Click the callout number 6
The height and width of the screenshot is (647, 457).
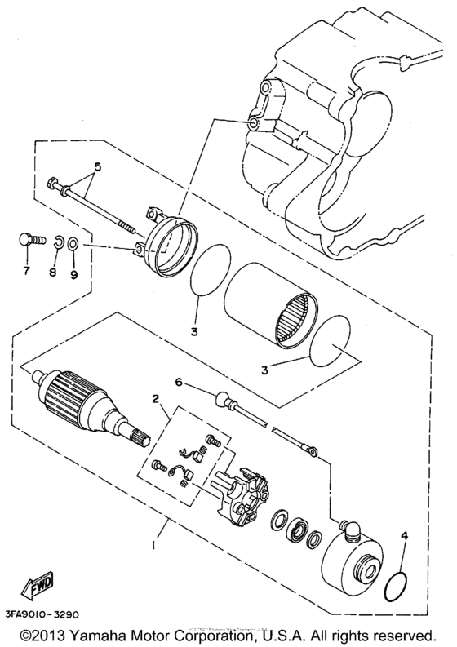(179, 381)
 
